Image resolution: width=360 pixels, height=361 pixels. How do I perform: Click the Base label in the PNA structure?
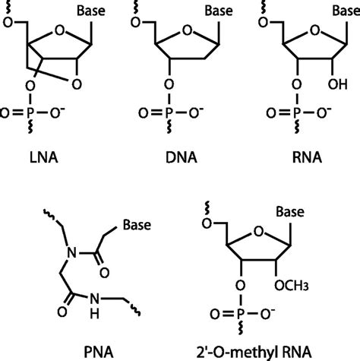point(135,225)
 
